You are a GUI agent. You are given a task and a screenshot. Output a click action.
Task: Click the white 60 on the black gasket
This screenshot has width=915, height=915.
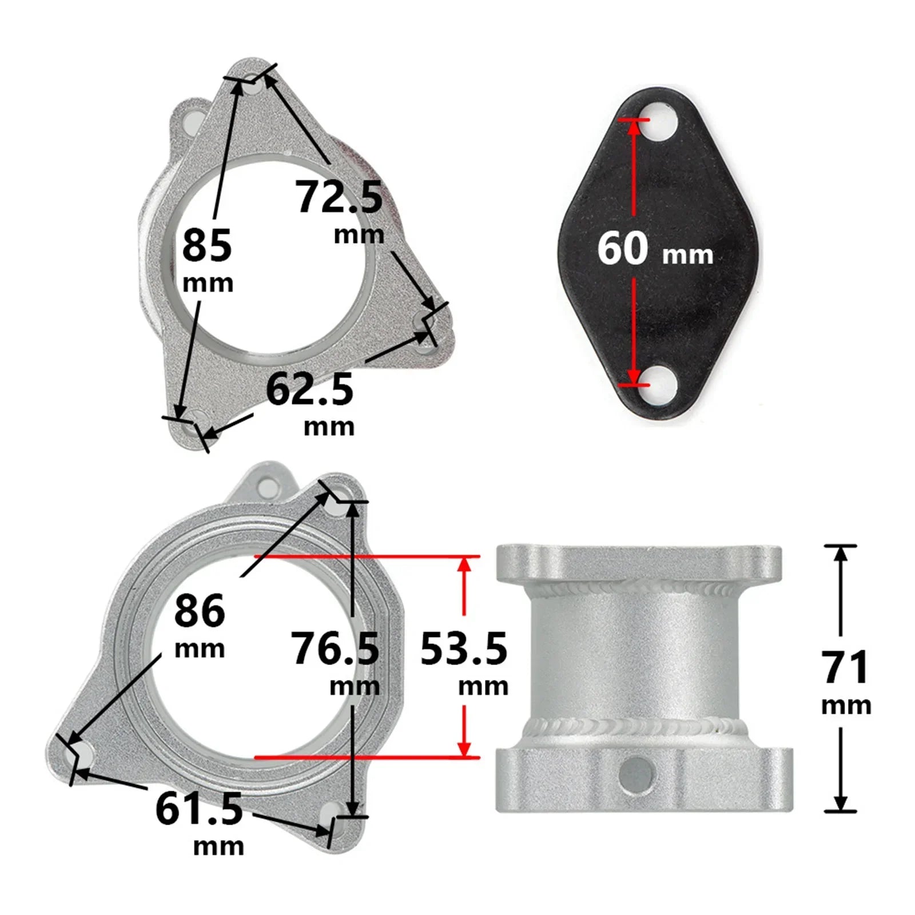623,248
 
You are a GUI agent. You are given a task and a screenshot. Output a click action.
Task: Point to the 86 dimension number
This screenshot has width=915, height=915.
200,611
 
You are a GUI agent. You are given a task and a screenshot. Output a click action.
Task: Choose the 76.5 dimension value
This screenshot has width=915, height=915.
335,649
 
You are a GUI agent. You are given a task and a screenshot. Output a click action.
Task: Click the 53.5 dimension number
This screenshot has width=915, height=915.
463,649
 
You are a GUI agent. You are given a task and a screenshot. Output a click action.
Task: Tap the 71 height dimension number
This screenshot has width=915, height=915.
845,667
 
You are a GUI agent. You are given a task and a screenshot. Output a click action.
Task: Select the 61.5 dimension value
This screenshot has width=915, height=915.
199,809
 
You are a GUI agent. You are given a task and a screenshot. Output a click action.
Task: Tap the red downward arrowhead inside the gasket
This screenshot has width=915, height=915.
633,375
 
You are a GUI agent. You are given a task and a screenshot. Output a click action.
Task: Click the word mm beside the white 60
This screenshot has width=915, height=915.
687,254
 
